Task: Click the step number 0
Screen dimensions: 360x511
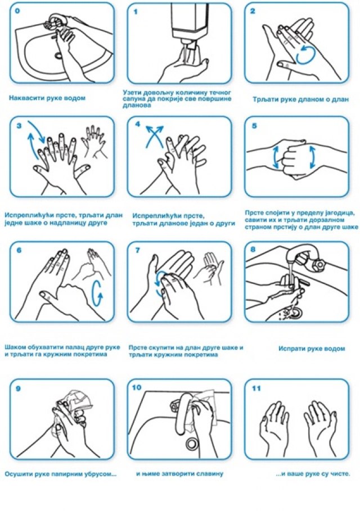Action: point(17,11)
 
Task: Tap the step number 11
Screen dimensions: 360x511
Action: point(256,388)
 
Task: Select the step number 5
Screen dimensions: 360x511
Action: point(254,126)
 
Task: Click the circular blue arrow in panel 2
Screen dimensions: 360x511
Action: point(306,54)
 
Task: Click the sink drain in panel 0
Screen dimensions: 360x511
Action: point(58,56)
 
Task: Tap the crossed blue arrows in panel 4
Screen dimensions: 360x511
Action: point(154,136)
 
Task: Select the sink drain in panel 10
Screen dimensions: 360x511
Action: point(191,442)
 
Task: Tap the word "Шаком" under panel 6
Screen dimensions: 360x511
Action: point(15,347)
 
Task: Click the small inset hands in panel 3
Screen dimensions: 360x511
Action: point(94,141)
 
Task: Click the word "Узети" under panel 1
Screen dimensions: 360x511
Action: point(132,93)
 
